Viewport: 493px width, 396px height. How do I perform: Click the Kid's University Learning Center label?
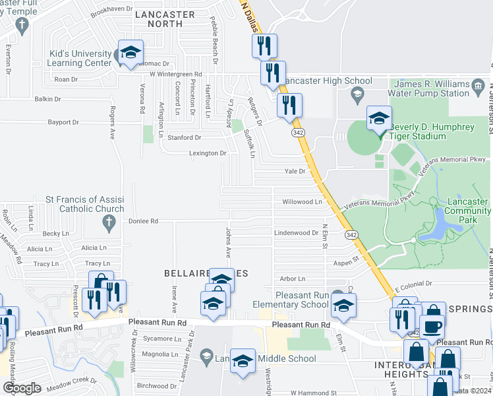tap(80, 58)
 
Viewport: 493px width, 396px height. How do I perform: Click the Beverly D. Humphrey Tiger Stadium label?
tap(435, 131)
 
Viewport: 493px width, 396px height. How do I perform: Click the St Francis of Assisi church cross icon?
tap(110, 224)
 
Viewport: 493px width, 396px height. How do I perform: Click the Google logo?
tap(22, 387)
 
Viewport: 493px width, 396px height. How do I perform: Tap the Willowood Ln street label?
tap(302, 201)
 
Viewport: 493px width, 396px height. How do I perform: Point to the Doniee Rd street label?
tap(143, 221)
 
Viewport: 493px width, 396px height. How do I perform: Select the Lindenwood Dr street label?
tap(296, 233)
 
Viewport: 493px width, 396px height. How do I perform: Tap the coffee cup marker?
tap(432, 327)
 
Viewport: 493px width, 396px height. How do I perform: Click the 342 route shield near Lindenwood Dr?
tap(351, 235)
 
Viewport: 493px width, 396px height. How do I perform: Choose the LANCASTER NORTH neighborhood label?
tap(165, 19)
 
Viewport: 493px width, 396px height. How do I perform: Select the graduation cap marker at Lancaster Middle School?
tap(243, 361)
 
